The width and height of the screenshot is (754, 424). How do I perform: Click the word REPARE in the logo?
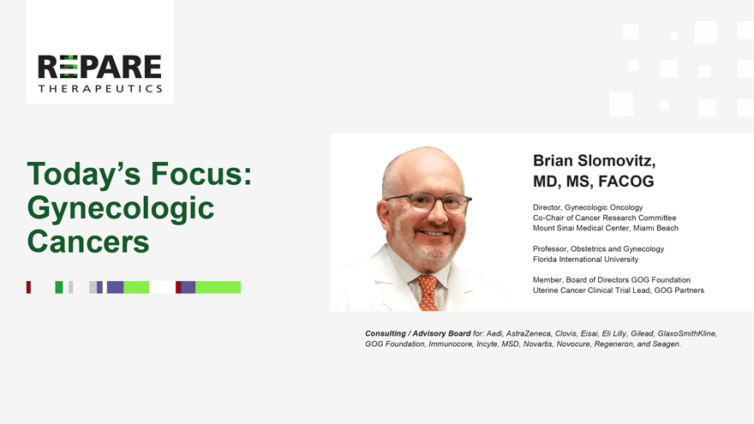pos(99,67)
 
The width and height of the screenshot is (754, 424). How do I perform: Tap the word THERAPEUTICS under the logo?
pos(100,88)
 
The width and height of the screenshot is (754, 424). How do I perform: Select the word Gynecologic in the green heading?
pos(121,209)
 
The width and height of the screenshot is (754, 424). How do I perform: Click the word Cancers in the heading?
pos(88,242)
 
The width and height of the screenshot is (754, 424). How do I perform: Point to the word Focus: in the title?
pos(201,174)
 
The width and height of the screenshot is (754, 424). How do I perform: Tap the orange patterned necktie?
pos(428,292)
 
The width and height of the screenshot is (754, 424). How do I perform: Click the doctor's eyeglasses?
pos(428,203)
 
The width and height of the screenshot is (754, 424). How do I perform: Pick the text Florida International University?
pos(585,259)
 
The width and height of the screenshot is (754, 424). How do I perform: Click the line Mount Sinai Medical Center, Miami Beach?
pos(606,228)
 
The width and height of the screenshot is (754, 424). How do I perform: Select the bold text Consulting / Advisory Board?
pos(418,333)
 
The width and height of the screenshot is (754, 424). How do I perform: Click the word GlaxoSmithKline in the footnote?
pos(686,333)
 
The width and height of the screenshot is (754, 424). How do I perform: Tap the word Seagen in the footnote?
pos(666,343)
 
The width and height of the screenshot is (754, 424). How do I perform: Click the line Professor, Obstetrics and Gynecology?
pos(598,249)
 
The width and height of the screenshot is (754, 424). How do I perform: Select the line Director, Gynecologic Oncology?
pos(588,207)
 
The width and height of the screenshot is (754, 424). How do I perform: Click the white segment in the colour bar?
pos(162,288)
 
